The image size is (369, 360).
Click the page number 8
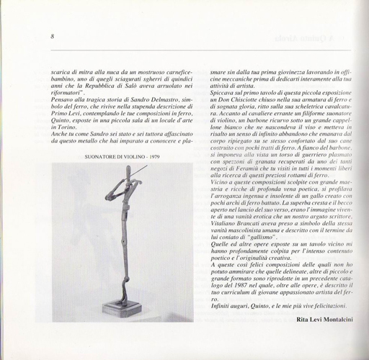(x=53, y=37)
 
